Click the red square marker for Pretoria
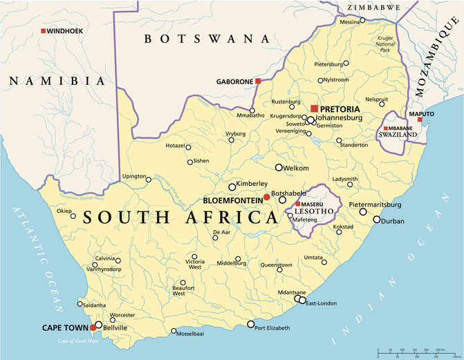tap(314, 108)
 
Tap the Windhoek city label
tap(64, 32)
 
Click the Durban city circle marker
tap(377, 220)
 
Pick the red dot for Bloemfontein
tap(266, 198)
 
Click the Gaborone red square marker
tap(258, 81)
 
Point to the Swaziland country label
tap(397, 135)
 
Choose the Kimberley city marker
tap(232, 187)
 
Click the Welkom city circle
tap(279, 167)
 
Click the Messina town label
tap(350, 22)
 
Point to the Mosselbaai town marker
tap(174, 331)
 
